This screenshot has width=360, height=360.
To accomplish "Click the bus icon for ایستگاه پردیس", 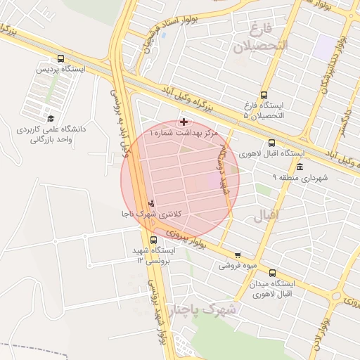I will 60,59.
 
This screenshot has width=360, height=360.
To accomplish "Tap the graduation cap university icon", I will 51,118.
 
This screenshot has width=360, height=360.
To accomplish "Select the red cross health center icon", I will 184,122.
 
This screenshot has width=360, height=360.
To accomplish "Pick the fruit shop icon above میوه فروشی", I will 237,255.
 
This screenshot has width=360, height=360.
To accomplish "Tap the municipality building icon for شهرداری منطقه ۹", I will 300,167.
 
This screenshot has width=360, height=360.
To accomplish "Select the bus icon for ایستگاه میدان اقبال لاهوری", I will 272,274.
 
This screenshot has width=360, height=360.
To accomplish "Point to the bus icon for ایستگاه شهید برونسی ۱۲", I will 154,240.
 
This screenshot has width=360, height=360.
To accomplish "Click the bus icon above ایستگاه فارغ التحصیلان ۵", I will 264,95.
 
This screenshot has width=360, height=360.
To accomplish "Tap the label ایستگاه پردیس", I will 61,70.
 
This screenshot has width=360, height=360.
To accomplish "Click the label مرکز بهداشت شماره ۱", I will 184,132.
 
